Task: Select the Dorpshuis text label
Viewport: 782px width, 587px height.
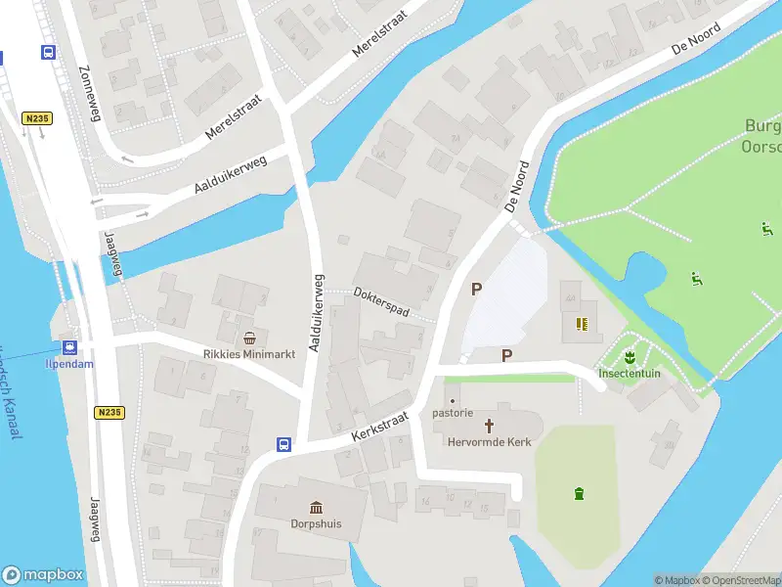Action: click(316, 523)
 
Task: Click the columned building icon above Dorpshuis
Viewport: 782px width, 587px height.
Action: click(316, 507)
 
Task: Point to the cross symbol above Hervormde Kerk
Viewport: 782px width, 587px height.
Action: click(490, 426)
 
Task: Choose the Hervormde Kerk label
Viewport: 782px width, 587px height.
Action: click(490, 442)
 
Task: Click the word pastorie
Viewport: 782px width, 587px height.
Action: click(453, 413)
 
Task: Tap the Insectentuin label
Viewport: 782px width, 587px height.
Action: click(630, 373)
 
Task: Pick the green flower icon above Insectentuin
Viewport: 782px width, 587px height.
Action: click(630, 354)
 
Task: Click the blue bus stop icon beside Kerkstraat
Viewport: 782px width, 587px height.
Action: click(283, 444)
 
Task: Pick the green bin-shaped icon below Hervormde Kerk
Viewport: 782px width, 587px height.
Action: click(579, 493)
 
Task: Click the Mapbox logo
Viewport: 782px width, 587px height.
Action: click(42, 575)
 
